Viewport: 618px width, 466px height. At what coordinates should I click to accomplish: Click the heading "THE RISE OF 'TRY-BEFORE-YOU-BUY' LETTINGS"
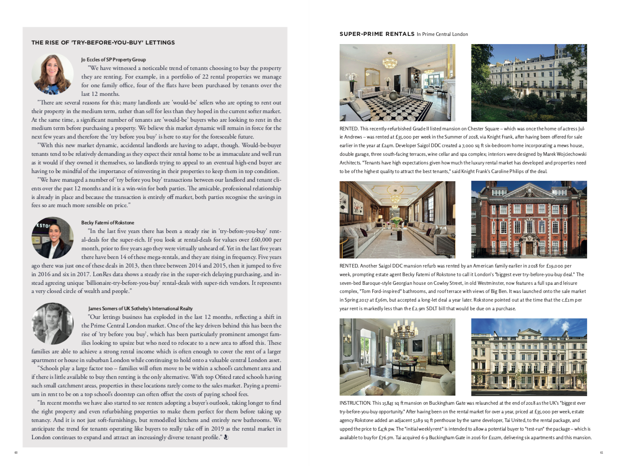[x=103, y=43]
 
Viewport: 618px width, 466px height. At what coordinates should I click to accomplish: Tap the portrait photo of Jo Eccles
[x=52, y=74]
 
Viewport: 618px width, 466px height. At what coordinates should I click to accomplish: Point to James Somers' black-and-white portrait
[x=52, y=323]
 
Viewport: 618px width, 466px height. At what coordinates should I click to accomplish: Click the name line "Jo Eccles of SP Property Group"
[x=114, y=59]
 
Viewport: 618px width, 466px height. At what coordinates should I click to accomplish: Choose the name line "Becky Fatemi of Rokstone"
[x=108, y=223]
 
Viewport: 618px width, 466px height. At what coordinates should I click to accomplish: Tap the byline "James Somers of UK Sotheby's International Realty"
[x=140, y=308]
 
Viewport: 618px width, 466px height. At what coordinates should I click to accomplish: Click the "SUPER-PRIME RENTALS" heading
[x=377, y=34]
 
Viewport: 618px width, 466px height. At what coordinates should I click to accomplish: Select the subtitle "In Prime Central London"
[x=442, y=34]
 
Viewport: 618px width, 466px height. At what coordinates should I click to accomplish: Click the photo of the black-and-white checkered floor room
[x=397, y=83]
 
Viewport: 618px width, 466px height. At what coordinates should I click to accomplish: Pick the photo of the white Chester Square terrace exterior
[x=529, y=83]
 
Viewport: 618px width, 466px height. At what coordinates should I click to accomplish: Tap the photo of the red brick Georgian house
[x=529, y=219]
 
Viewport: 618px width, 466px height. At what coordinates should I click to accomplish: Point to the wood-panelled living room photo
[x=397, y=219]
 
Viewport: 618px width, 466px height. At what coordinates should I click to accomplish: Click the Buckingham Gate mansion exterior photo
[x=529, y=357]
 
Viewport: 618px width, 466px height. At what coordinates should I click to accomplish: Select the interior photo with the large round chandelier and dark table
[x=397, y=357]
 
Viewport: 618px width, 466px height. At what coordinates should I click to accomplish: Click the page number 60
[x=16, y=452]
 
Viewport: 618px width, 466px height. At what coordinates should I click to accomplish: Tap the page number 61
[x=602, y=452]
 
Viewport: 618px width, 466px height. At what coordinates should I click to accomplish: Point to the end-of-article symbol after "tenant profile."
[x=226, y=437]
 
